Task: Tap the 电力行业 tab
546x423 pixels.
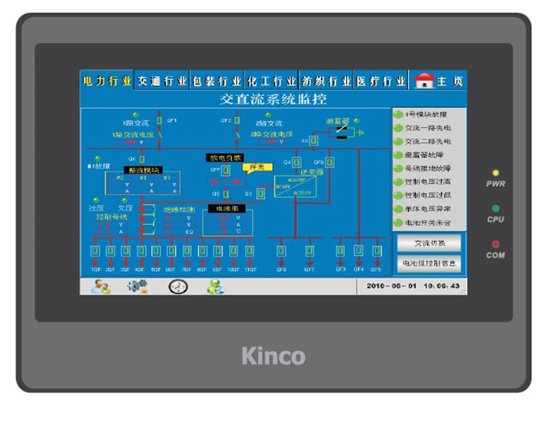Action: [106, 81]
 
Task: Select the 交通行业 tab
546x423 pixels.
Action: [162, 81]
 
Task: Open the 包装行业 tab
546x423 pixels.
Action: [216, 81]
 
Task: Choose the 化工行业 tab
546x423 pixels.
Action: [272, 81]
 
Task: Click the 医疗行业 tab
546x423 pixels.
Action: [384, 81]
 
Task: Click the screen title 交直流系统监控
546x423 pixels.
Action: [273, 99]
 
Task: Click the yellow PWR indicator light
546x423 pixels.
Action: [495, 174]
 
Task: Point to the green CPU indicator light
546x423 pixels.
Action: [495, 208]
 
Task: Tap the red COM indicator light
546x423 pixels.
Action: [495, 244]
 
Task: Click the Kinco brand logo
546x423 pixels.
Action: [273, 355]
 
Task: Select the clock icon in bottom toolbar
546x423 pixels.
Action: [178, 286]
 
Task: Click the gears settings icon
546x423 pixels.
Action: [137, 286]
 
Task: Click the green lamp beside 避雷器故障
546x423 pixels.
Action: [399, 155]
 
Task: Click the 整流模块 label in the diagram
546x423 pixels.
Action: [142, 170]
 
